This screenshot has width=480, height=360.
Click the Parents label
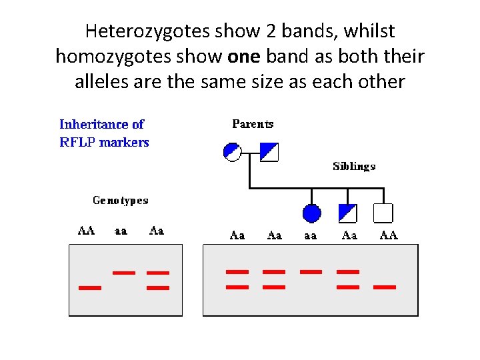(253, 124)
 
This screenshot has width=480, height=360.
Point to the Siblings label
(354, 167)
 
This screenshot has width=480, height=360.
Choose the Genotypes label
(120, 200)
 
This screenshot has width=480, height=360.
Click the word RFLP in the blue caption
(77, 142)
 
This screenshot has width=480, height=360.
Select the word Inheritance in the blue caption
(93, 124)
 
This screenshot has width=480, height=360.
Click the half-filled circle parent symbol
(232, 152)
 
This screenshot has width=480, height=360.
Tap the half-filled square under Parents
(269, 152)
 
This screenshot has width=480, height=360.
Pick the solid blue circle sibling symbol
(312, 213)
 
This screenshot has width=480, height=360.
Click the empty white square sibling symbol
(383, 213)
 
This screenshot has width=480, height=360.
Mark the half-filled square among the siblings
(348, 213)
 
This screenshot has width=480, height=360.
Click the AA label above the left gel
(87, 231)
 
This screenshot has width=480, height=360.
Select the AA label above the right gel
(389, 235)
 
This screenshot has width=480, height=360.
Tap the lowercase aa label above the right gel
(310, 235)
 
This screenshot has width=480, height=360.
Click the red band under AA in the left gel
(90, 288)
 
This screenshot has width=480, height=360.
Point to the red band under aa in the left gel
(124, 272)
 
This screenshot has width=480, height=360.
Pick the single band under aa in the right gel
(311, 271)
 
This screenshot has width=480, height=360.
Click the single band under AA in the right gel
(385, 287)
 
